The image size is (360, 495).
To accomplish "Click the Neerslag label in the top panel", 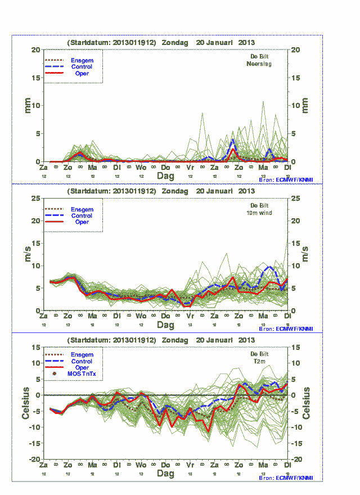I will (259, 64).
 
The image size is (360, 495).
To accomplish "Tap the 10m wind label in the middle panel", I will (259, 213).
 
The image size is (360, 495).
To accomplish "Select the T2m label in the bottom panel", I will (260, 362).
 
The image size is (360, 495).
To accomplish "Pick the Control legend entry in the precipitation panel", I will (81, 67).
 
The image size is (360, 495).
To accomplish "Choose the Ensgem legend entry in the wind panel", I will (82, 209).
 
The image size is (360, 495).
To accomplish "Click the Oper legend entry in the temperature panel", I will (82, 367).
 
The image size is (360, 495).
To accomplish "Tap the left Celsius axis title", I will (26, 403).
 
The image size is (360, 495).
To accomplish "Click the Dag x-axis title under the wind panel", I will (165, 325).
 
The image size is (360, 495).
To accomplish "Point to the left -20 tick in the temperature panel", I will (34, 460).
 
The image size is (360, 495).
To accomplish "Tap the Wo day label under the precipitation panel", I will (141, 168).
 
